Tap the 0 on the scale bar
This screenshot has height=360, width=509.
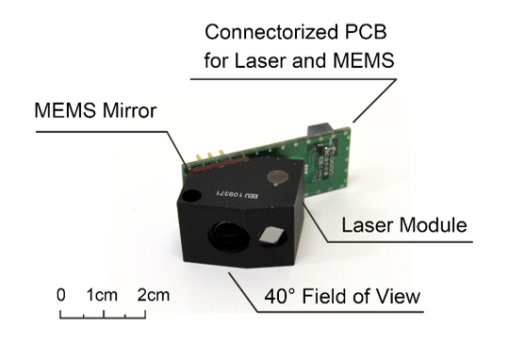click(x=61, y=295)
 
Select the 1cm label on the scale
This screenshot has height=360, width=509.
click(x=102, y=295)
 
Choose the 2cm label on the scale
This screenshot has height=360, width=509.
click(x=153, y=295)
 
